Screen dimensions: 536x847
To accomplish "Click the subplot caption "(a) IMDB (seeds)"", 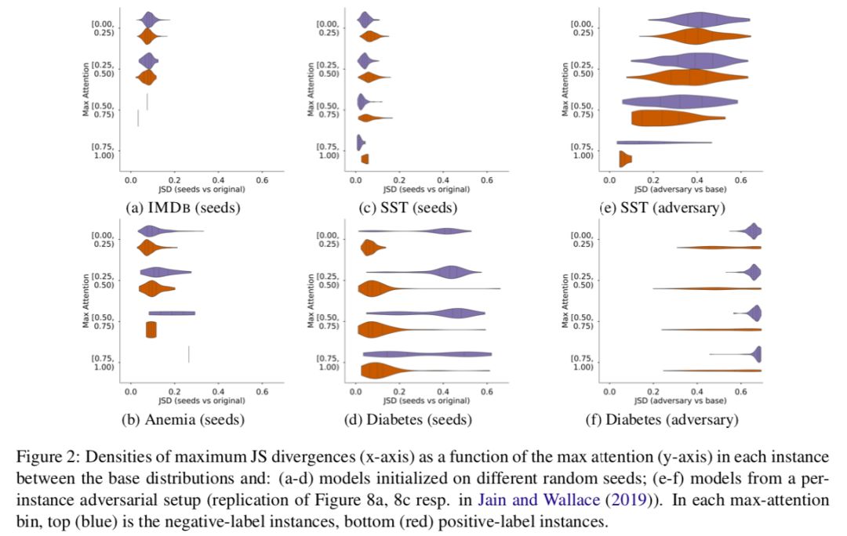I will [183, 208].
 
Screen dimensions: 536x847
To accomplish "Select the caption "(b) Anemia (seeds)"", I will [183, 419].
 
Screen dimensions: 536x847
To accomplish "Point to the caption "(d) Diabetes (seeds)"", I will [409, 419].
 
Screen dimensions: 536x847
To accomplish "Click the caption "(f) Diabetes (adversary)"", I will [662, 419].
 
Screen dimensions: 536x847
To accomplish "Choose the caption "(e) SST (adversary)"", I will [662, 208].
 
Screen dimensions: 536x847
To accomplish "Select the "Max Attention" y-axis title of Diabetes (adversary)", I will [565, 298].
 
